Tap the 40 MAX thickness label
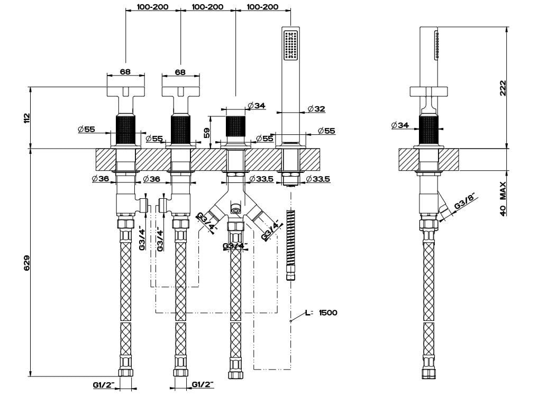[x=503, y=198]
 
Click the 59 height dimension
[x=207, y=132]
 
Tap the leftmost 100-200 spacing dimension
[x=152, y=7]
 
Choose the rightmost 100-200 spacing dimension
[x=262, y=7]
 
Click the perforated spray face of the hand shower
[x=290, y=44]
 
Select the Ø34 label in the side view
[x=400, y=125]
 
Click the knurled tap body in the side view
[x=429, y=130]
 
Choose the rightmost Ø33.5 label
[x=317, y=179]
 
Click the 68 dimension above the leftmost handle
[x=125, y=72]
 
